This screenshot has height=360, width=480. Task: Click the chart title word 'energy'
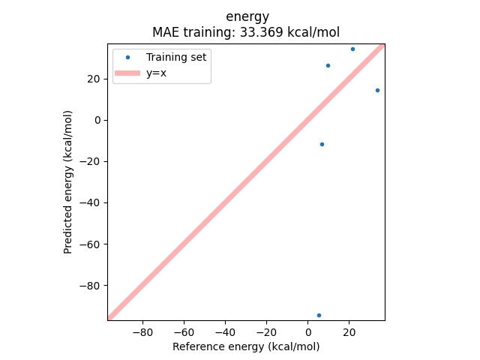(247, 16)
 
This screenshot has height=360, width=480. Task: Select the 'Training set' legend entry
(177, 57)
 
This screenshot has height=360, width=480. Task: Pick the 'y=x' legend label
(156, 73)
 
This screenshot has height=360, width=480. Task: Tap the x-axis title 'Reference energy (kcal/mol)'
(246, 346)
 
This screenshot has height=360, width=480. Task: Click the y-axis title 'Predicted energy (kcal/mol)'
(68, 181)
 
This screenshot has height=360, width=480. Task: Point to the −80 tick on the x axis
(142, 331)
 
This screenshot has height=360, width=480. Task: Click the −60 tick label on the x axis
(183, 331)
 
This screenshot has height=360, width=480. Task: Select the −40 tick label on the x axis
(224, 331)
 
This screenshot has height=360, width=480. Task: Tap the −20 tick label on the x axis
(265, 331)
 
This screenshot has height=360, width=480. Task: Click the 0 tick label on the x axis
(307, 331)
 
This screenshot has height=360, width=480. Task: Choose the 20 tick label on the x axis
(349, 331)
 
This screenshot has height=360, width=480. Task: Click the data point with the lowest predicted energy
(319, 315)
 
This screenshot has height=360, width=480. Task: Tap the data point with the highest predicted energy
(352, 49)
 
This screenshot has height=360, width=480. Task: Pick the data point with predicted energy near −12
(322, 144)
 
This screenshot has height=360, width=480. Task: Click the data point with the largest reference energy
(377, 90)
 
